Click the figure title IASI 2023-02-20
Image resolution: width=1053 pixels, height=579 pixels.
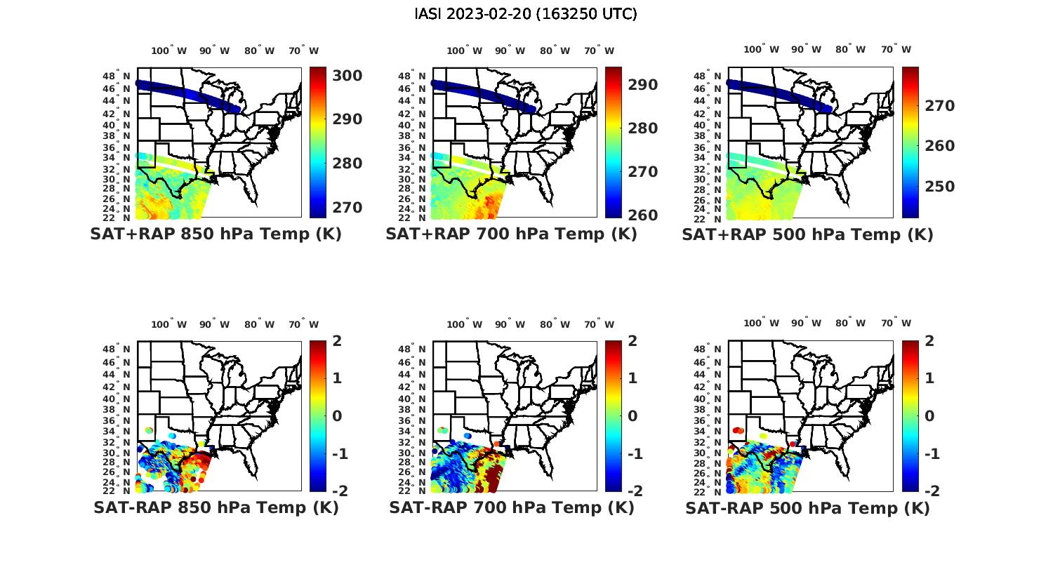tap(526, 14)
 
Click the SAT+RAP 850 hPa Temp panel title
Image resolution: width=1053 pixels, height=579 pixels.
tap(216, 234)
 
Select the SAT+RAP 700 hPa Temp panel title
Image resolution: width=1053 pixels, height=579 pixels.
tap(511, 234)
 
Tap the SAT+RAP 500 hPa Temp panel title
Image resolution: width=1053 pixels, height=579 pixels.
tap(807, 234)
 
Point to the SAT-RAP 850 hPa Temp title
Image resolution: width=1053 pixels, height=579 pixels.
tap(216, 507)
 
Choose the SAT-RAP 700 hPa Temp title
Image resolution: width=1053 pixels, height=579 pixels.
tap(511, 507)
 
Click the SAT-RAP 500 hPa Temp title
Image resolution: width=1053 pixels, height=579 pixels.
tap(807, 508)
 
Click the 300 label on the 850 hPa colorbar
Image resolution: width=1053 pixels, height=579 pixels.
tap(347, 76)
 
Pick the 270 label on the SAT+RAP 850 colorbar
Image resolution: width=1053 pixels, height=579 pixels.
tap(347, 208)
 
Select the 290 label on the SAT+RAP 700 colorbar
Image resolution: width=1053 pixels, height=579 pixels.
tap(643, 85)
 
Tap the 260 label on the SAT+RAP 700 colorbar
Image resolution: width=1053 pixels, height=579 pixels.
tap(643, 215)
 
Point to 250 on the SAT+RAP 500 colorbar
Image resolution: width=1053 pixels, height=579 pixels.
tap(939, 187)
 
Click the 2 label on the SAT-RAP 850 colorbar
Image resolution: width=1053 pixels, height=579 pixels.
tap(337, 341)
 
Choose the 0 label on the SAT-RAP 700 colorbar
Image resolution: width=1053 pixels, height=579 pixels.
tap(633, 416)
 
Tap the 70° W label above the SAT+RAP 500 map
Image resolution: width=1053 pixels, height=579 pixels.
tap(896, 49)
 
